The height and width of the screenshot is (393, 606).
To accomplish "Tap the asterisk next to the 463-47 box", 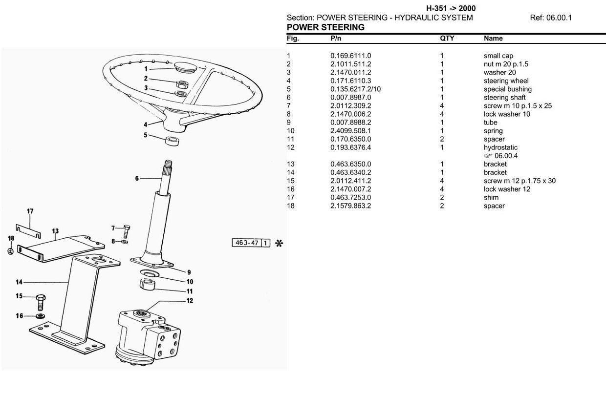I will (279, 243).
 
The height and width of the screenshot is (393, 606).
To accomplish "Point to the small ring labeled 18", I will (11, 251).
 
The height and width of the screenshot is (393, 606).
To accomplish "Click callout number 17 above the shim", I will (30, 211).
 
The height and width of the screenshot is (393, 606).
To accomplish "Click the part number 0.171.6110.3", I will (350, 81).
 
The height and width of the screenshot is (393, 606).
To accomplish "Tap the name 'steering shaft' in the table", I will (504, 97).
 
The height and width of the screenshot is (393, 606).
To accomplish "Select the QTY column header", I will (447, 38).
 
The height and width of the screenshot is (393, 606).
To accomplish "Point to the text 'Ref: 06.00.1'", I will (550, 18).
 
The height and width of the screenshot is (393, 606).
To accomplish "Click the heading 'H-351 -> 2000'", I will (451, 8).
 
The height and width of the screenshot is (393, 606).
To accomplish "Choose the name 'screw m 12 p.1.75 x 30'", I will (519, 181).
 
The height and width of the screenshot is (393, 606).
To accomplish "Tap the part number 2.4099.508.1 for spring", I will (350, 131).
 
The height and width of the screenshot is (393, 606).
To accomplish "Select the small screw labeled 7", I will (127, 229).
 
